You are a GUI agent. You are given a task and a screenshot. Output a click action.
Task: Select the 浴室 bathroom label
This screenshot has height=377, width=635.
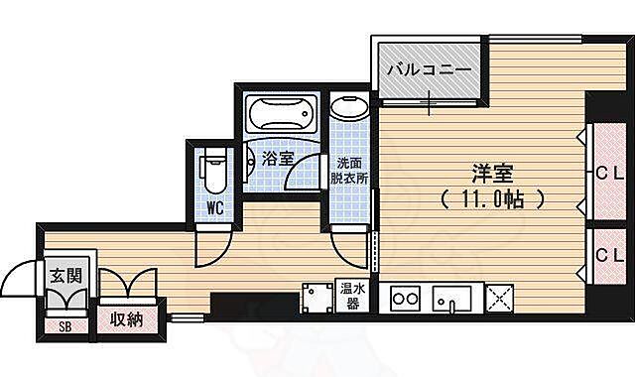277,158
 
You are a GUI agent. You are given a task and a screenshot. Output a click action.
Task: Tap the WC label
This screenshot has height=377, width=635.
214,208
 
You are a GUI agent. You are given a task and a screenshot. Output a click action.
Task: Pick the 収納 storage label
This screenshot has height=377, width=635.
127,320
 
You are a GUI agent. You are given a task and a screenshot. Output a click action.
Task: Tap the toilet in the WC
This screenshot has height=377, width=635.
212,171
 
